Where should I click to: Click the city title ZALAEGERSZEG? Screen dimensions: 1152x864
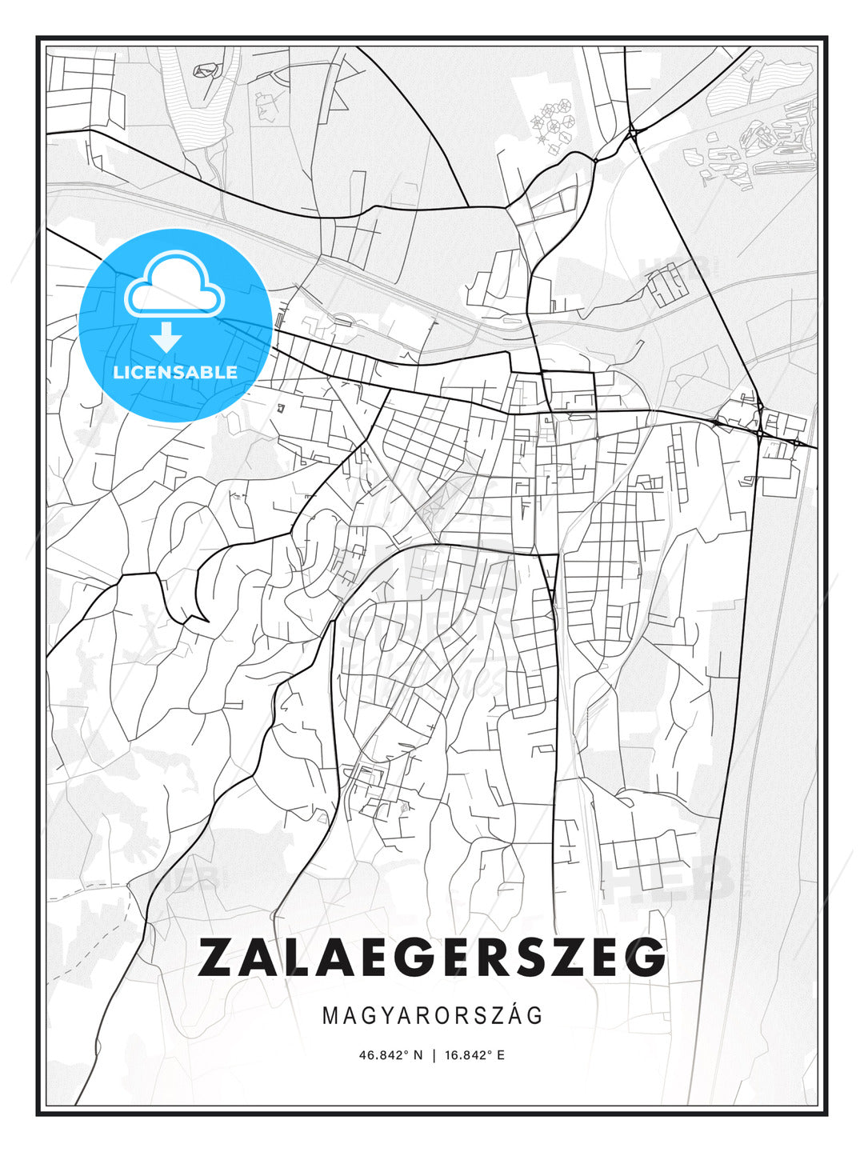tap(432, 957)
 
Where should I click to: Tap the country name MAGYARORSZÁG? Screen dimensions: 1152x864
tap(432, 1015)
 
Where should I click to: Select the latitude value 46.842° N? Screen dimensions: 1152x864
tap(390, 1055)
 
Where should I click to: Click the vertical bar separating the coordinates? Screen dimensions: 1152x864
tap(434, 1055)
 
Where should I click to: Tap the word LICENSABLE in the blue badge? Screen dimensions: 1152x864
tap(175, 372)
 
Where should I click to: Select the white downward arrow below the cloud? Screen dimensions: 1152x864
tap(166, 337)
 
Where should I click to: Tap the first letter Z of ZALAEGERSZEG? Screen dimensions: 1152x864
tap(215, 957)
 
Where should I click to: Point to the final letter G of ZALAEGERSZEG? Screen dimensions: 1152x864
tap(646, 957)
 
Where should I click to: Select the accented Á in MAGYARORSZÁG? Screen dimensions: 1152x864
tap(514, 1015)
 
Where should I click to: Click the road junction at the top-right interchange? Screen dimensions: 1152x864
tap(632, 132)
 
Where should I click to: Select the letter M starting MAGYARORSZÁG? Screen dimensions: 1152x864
tap(330, 1015)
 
